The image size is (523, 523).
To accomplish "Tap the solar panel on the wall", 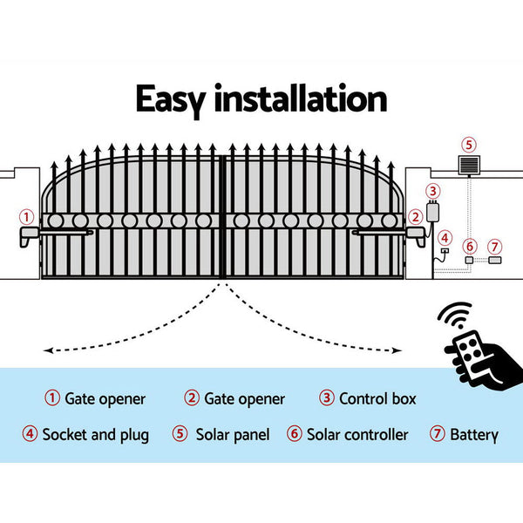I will pyautogui.click(x=469, y=165).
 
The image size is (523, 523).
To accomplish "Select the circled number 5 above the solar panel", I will pyautogui.click(x=469, y=145).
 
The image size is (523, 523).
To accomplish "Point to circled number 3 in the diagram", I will pyautogui.click(x=433, y=191).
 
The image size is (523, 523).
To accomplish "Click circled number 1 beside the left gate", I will pyautogui.click(x=27, y=216).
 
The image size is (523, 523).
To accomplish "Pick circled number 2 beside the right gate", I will pyautogui.click(x=415, y=216).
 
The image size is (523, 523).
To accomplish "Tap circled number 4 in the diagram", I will pyautogui.click(x=445, y=236).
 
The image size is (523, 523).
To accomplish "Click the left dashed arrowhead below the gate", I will pyautogui.click(x=47, y=350).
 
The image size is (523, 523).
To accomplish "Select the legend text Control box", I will pyautogui.click(x=378, y=399).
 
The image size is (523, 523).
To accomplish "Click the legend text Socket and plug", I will pyautogui.click(x=95, y=434).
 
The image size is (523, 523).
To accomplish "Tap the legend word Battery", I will pyautogui.click(x=473, y=434).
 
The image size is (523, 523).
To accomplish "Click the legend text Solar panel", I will pyautogui.click(x=232, y=434).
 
